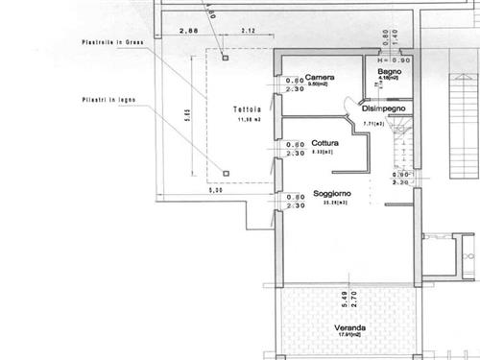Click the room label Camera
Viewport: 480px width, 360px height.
pyautogui.click(x=320, y=77)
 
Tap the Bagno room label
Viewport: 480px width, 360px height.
pyautogui.click(x=388, y=71)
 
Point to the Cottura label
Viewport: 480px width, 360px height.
pyautogui.click(x=324, y=143)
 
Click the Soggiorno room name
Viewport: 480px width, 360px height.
pyautogui.click(x=330, y=194)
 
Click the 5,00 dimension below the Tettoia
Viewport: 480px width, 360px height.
pyautogui.click(x=217, y=190)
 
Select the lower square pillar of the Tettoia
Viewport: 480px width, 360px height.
pyautogui.click(x=226, y=173)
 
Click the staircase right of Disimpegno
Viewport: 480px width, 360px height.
pyautogui.click(x=397, y=149)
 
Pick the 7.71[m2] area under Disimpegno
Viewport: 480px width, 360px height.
pyautogui.click(x=373, y=124)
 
